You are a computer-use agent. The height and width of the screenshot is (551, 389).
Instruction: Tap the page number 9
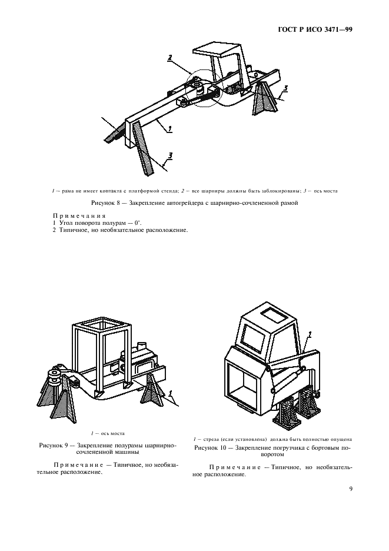(x=350, y=487)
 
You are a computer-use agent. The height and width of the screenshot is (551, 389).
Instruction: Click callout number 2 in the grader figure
(x=169, y=58)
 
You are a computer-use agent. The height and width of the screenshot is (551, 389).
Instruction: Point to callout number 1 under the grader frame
(x=169, y=127)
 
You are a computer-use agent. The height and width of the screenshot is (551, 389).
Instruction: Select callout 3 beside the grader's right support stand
(x=285, y=89)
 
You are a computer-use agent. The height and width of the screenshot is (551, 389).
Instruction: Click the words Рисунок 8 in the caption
(x=110, y=204)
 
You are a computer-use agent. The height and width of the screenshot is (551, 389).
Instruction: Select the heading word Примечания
(x=74, y=216)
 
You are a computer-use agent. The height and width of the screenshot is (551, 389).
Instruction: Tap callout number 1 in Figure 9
(x=170, y=393)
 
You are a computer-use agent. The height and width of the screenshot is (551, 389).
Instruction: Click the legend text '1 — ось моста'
(x=107, y=433)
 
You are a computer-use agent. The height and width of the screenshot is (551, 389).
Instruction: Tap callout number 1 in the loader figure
(x=310, y=334)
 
